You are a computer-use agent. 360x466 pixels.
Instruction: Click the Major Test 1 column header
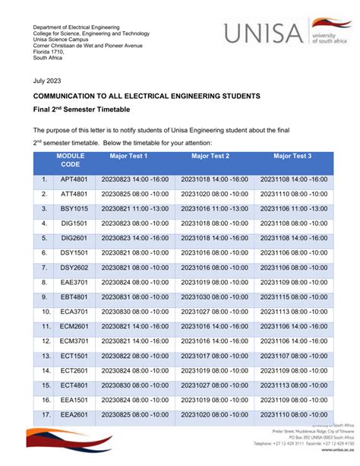tap(128, 156)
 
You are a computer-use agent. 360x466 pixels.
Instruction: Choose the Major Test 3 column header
tap(292, 156)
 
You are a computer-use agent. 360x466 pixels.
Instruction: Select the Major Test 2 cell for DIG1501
tap(214, 223)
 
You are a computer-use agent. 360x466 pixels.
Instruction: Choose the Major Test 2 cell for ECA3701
tap(214, 312)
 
